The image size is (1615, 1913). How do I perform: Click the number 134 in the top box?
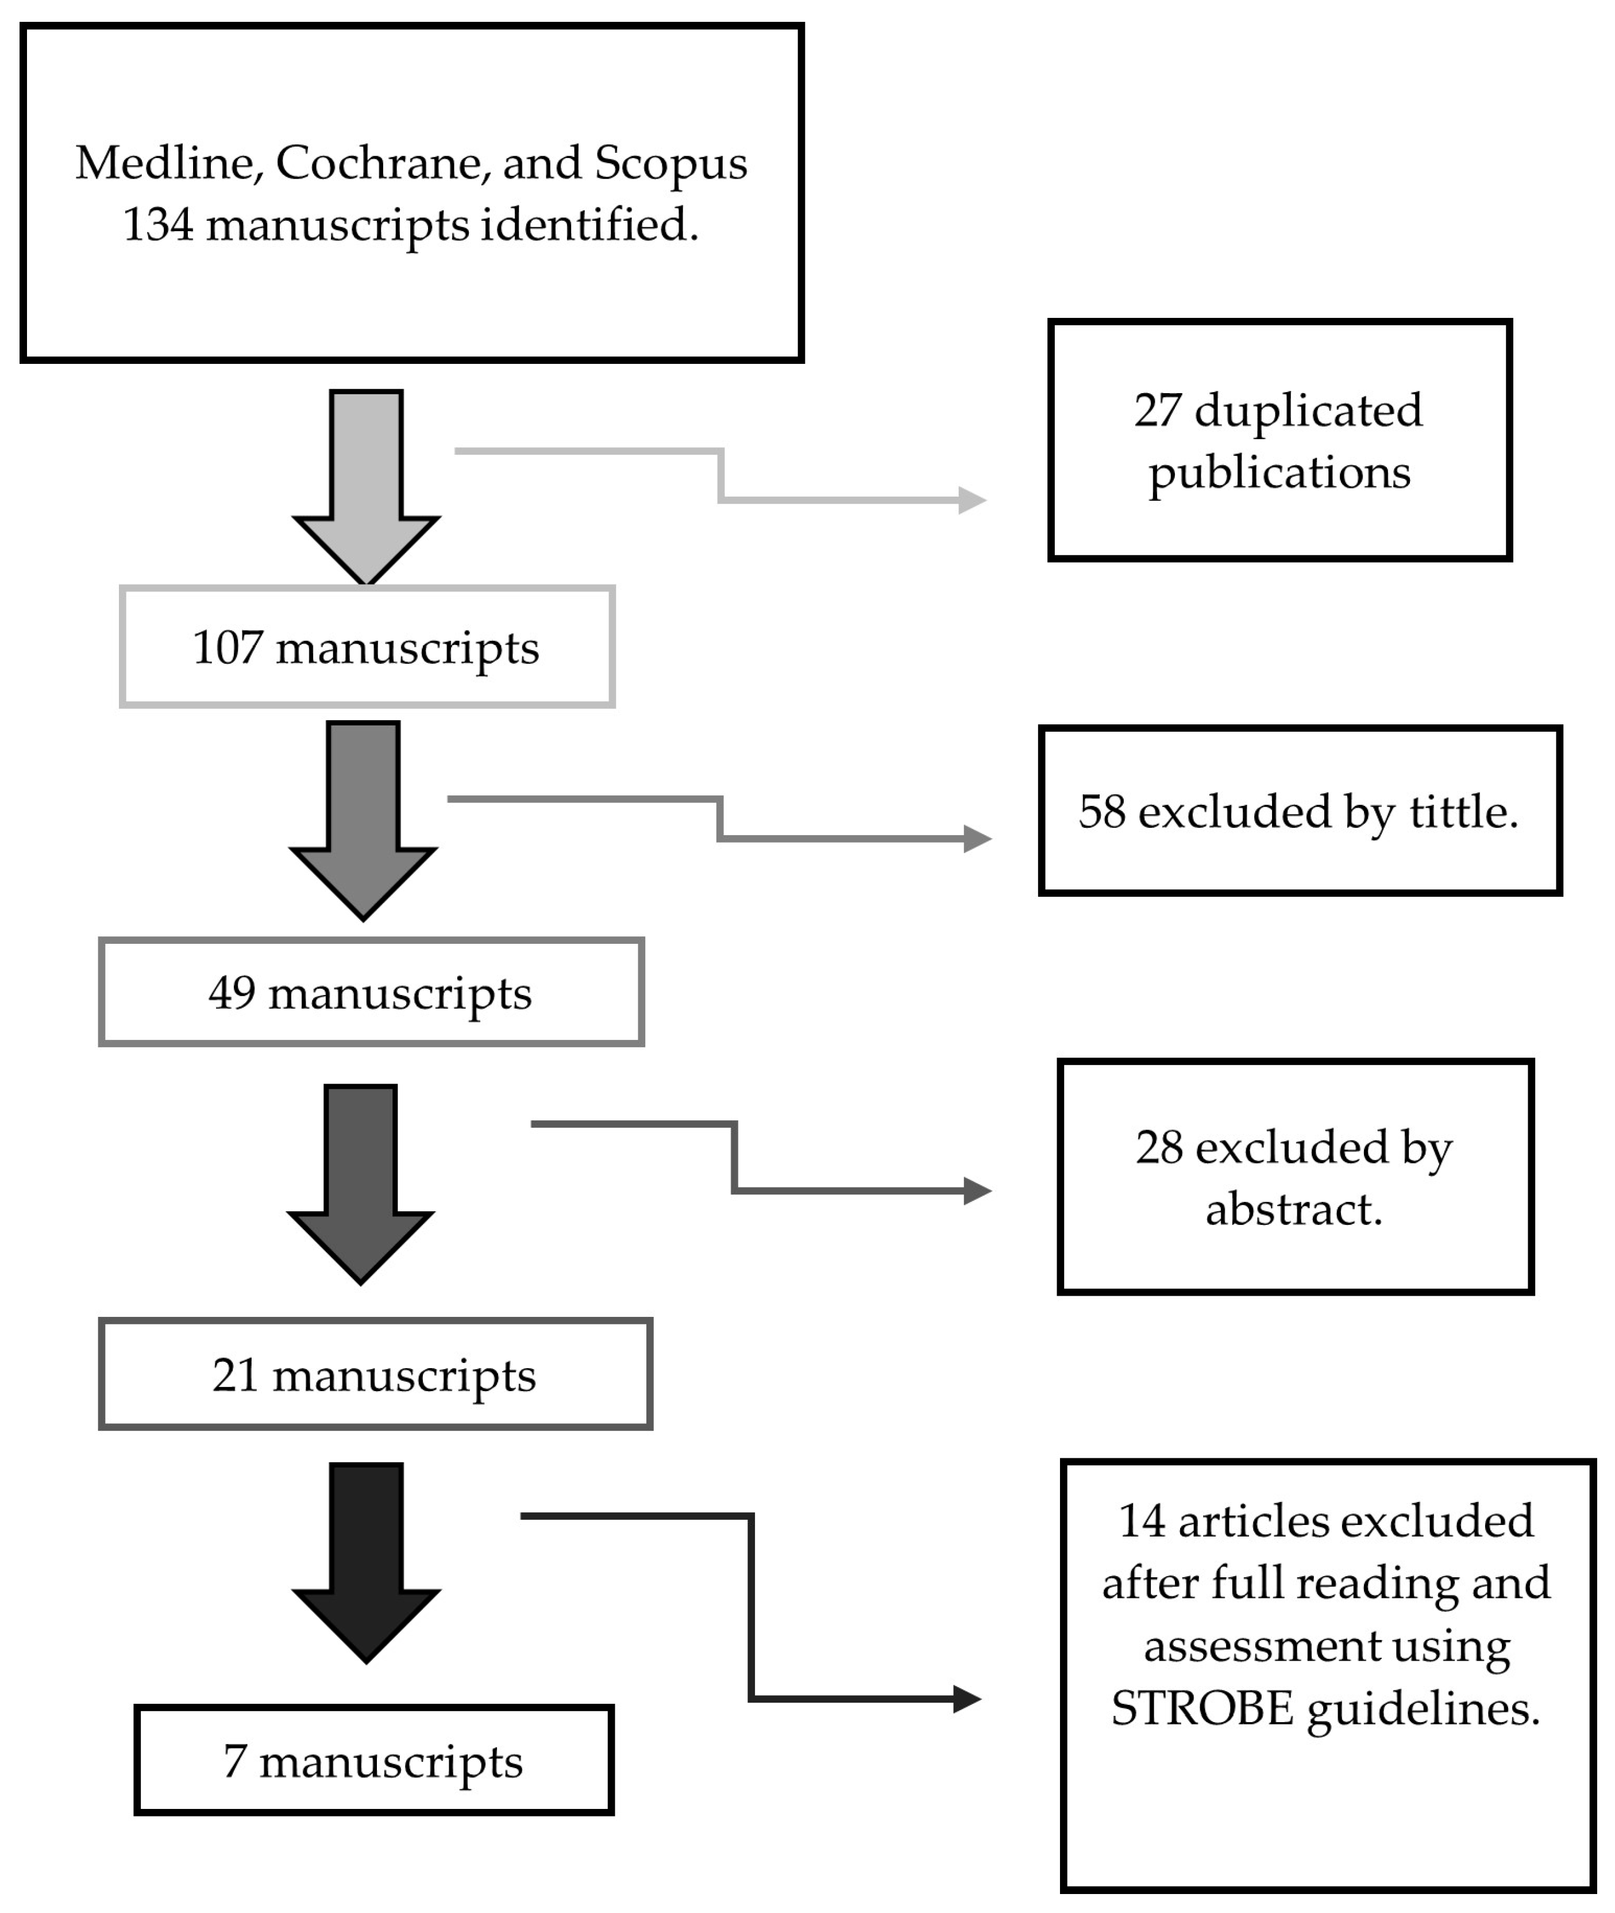point(157,225)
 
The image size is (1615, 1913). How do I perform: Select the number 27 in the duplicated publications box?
point(1158,410)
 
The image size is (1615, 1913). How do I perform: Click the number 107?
point(227,648)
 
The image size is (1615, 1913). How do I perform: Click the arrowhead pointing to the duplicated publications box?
point(972,500)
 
